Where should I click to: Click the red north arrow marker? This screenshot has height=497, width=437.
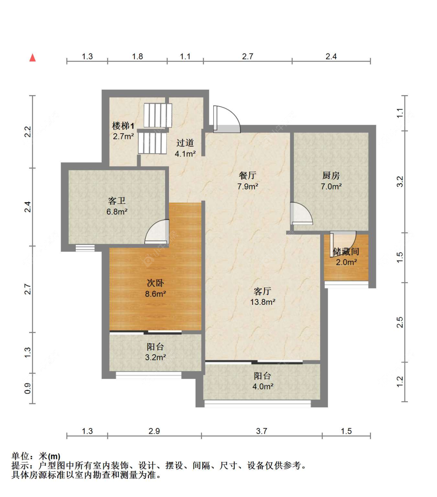click(33, 58)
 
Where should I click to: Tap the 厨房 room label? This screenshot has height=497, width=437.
click(331, 176)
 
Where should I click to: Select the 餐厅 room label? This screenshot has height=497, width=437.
click(247, 176)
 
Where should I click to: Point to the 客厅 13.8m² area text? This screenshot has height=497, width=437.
click(263, 302)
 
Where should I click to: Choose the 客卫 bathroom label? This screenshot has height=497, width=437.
click(117, 201)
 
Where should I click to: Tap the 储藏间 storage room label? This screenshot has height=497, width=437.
click(346, 252)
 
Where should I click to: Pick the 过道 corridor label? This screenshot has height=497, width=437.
click(185, 143)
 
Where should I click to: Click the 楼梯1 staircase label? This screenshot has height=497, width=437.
click(123, 126)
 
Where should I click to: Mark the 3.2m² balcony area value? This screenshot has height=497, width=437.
click(155, 357)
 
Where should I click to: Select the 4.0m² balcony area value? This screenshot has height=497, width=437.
click(263, 386)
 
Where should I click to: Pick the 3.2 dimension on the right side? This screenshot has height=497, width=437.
click(400, 182)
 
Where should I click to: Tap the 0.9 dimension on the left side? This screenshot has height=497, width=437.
click(28, 388)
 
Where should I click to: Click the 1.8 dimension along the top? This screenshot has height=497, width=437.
click(138, 56)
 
